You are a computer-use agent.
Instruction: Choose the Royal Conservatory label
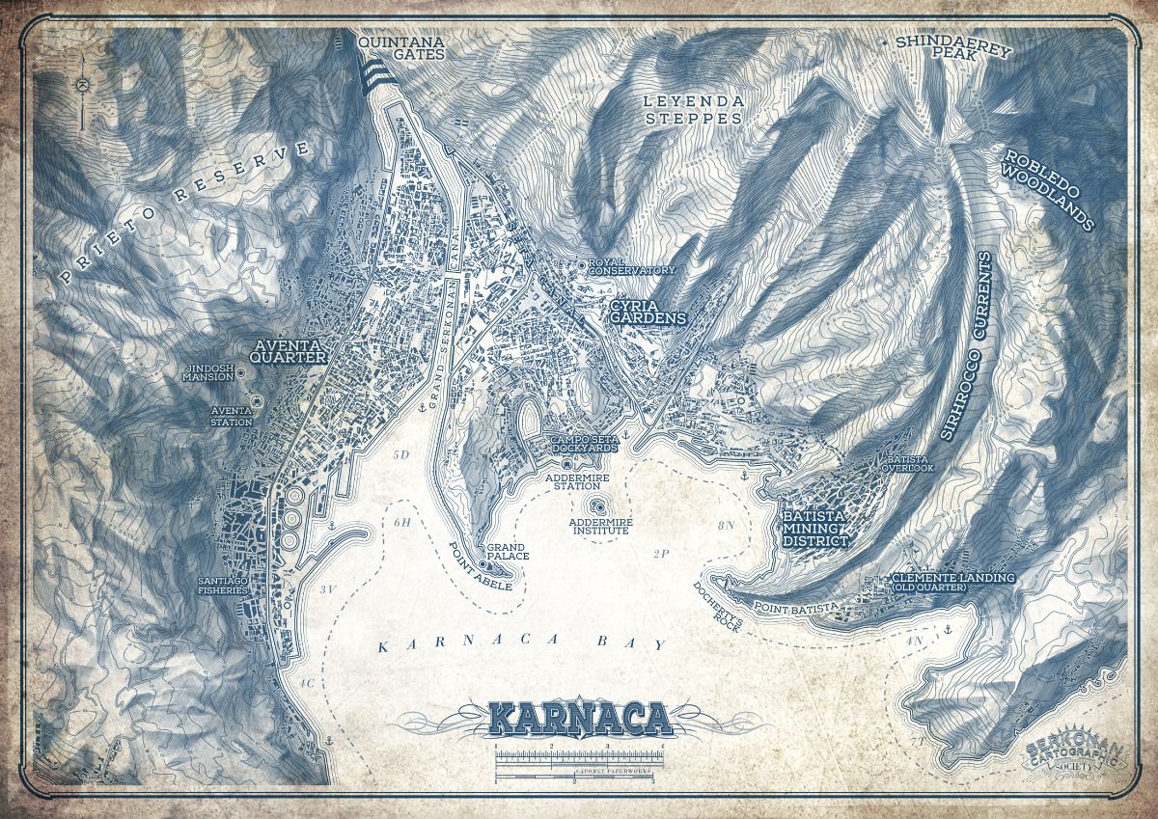[633, 266]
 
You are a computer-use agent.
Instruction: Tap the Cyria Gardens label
[648, 316]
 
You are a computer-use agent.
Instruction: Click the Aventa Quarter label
[287, 350]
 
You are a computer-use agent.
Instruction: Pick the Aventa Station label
[232, 416]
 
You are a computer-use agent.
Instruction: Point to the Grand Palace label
[506, 552]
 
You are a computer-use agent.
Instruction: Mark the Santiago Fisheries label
[215, 586]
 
